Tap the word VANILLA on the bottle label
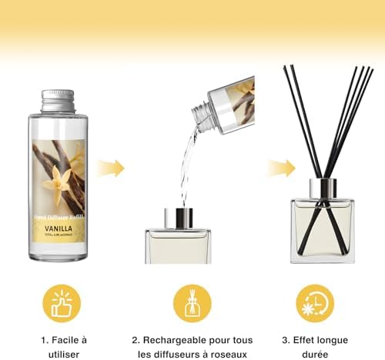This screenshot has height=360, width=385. tap(59, 229)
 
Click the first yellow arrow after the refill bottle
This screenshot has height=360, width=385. tap(112, 168)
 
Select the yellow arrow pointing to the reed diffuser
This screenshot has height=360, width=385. tap(282, 168)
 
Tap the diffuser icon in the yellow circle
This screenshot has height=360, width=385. tap(192, 303)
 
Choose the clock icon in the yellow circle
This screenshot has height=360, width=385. tap(315, 303)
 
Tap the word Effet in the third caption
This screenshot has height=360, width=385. tap(309, 340)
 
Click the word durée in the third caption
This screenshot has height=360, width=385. tap(315, 355)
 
